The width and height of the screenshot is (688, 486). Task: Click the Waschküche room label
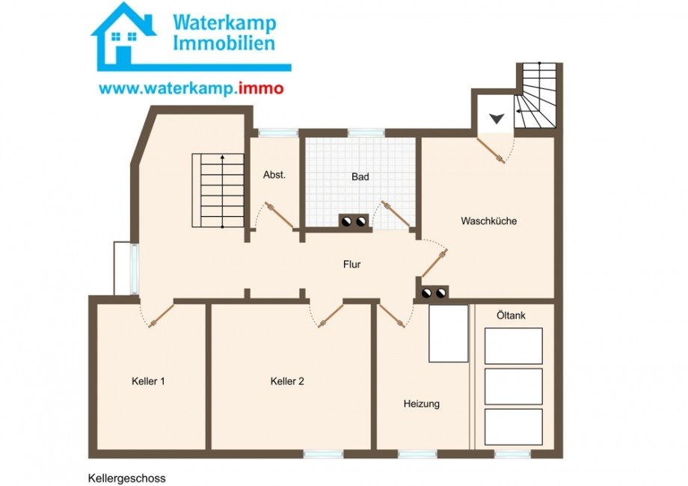(x=488, y=221)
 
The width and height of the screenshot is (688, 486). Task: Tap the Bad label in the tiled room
(x=360, y=176)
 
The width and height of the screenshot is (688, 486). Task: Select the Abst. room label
(x=274, y=174)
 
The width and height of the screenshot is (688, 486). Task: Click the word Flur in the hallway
(x=352, y=264)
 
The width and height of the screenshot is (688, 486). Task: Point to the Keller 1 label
(x=148, y=381)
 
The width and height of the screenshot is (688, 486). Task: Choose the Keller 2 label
(x=287, y=381)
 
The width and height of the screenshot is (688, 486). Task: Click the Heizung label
(x=422, y=404)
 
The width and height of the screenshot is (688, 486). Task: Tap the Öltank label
(x=511, y=316)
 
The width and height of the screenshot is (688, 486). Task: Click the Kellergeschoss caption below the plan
(x=127, y=478)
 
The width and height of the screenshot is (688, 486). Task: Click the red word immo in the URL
(x=261, y=88)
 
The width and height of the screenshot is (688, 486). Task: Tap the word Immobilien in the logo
(x=224, y=43)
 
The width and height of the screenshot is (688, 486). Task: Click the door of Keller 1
(x=161, y=316)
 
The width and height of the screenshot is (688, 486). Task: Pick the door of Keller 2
(x=331, y=316)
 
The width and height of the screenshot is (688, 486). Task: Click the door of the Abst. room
(x=279, y=216)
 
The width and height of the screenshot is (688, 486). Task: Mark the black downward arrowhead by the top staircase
(x=497, y=118)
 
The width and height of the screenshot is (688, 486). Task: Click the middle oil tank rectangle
(x=513, y=387)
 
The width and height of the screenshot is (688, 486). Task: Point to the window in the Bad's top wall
(x=366, y=133)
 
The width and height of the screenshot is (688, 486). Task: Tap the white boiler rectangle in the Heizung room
(x=449, y=333)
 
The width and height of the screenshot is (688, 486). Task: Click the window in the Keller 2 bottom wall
(x=324, y=455)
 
